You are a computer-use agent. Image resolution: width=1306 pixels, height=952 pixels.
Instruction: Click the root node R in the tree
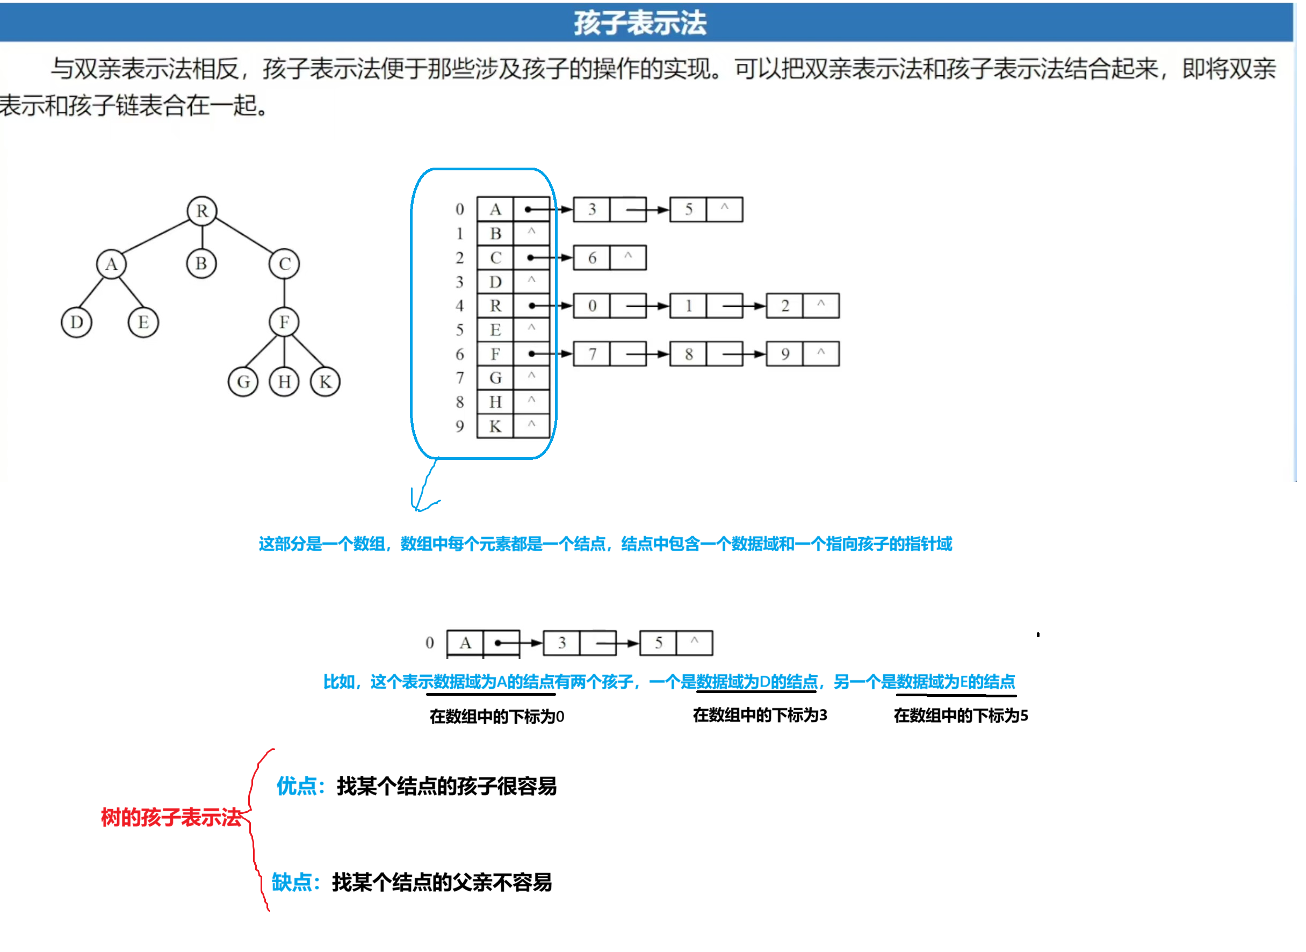(202, 211)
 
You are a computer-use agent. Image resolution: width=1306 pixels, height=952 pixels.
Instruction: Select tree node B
(201, 264)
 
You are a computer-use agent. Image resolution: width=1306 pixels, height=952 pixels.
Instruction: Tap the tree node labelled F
(284, 322)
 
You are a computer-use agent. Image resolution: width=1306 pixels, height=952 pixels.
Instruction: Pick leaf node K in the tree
(326, 382)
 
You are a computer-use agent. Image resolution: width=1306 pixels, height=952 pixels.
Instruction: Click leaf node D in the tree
(77, 322)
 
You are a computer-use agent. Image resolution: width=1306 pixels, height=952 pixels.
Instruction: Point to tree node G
(243, 382)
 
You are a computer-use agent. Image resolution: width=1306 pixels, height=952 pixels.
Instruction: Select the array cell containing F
(495, 355)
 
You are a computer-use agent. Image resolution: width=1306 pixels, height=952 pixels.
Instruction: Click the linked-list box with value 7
(592, 355)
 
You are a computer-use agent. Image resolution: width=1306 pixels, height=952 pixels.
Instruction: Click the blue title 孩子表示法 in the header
(640, 23)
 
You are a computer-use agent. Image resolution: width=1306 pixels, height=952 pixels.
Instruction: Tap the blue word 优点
(296, 787)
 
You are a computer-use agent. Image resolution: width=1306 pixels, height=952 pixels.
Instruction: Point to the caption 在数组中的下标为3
(760, 716)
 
